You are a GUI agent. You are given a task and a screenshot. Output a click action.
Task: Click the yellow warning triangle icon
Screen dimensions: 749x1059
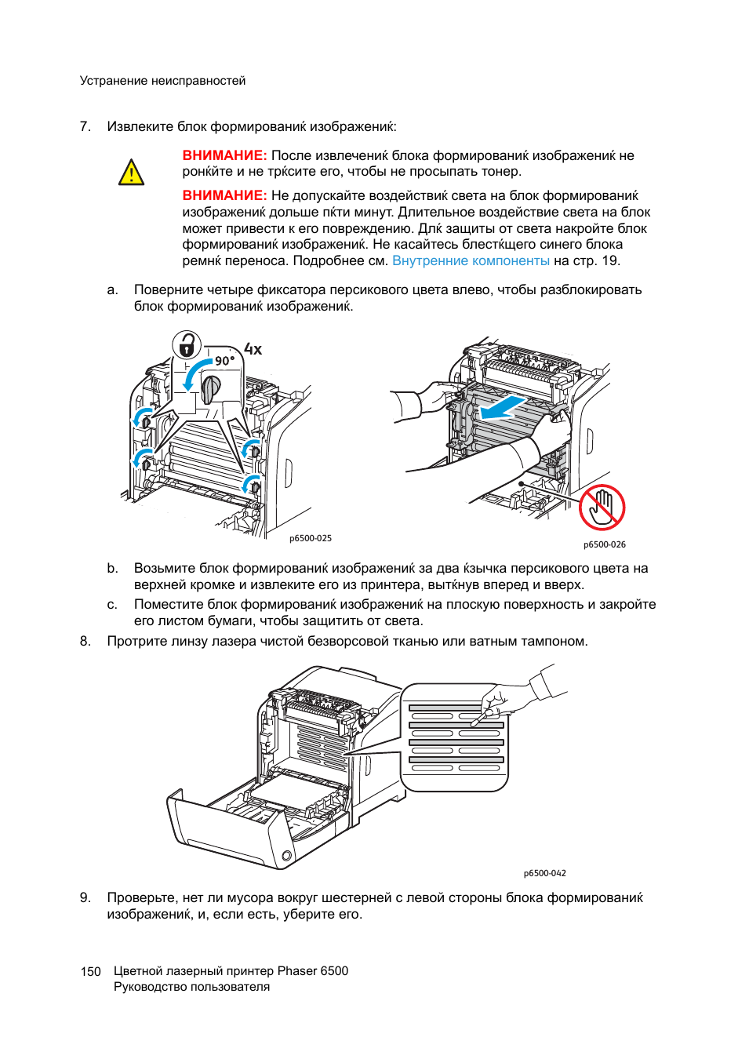131,172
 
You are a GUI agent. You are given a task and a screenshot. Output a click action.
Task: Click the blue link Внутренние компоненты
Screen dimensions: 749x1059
471,260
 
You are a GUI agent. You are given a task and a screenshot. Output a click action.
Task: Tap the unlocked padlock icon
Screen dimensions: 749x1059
187,345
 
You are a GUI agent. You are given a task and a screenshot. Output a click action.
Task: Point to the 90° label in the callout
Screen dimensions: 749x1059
224,361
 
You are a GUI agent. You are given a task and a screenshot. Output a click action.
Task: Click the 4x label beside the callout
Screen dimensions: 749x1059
253,349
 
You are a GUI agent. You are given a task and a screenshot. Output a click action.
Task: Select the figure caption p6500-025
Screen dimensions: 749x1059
311,538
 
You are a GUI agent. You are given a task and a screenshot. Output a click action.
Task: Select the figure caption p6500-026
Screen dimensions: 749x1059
605,544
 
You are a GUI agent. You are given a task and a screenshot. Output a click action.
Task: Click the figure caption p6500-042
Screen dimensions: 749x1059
544,873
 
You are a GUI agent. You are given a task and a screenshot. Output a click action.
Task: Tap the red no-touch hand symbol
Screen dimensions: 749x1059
602,507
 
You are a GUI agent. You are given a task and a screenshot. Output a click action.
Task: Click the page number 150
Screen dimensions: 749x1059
90,972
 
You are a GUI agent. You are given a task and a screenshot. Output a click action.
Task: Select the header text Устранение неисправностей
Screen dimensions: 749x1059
162,81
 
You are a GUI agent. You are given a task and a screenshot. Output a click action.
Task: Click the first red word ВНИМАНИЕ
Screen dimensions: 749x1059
225,155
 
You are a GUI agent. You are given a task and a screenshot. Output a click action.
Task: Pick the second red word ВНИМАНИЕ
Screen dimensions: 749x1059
225,196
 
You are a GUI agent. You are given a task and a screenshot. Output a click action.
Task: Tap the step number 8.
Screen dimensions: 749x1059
85,641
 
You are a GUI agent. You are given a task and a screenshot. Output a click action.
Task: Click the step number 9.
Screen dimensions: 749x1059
85,897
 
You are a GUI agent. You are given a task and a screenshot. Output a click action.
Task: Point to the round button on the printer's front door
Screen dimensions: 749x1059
286,856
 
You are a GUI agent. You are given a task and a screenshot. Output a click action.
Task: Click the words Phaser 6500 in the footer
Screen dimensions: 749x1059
313,971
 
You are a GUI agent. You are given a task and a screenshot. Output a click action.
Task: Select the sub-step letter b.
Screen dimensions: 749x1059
112,568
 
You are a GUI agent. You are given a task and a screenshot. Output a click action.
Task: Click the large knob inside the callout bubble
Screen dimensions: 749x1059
210,389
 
